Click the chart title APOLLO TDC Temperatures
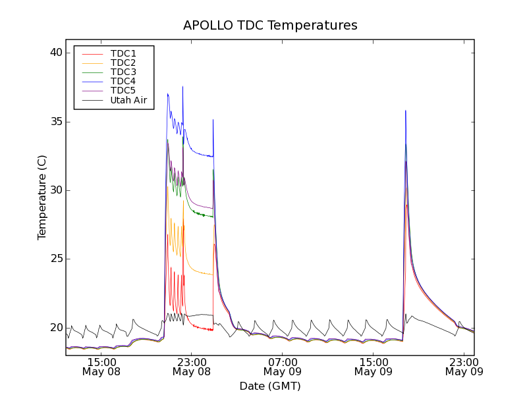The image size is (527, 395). [270, 26]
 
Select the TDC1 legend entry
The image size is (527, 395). [123, 53]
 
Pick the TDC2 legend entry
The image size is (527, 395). [123, 63]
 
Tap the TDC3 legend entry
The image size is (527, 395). [123, 72]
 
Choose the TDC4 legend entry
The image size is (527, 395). [123, 81]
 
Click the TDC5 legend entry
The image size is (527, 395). [123, 90]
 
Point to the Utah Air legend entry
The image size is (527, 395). [128, 100]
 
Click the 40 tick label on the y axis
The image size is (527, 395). [55, 53]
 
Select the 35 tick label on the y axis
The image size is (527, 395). [55, 122]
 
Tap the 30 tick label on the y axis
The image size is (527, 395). [55, 190]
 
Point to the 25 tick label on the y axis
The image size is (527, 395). [55, 259]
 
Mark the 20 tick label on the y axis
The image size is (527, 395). [55, 327]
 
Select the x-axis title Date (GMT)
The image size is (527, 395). [270, 386]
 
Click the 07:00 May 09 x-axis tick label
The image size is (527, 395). [283, 367]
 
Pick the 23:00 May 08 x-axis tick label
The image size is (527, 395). [192, 367]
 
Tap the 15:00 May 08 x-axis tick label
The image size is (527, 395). [101, 367]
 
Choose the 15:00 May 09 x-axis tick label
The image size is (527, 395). [374, 367]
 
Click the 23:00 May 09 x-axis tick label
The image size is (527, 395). [464, 367]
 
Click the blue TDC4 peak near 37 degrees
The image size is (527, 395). [168, 95]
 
